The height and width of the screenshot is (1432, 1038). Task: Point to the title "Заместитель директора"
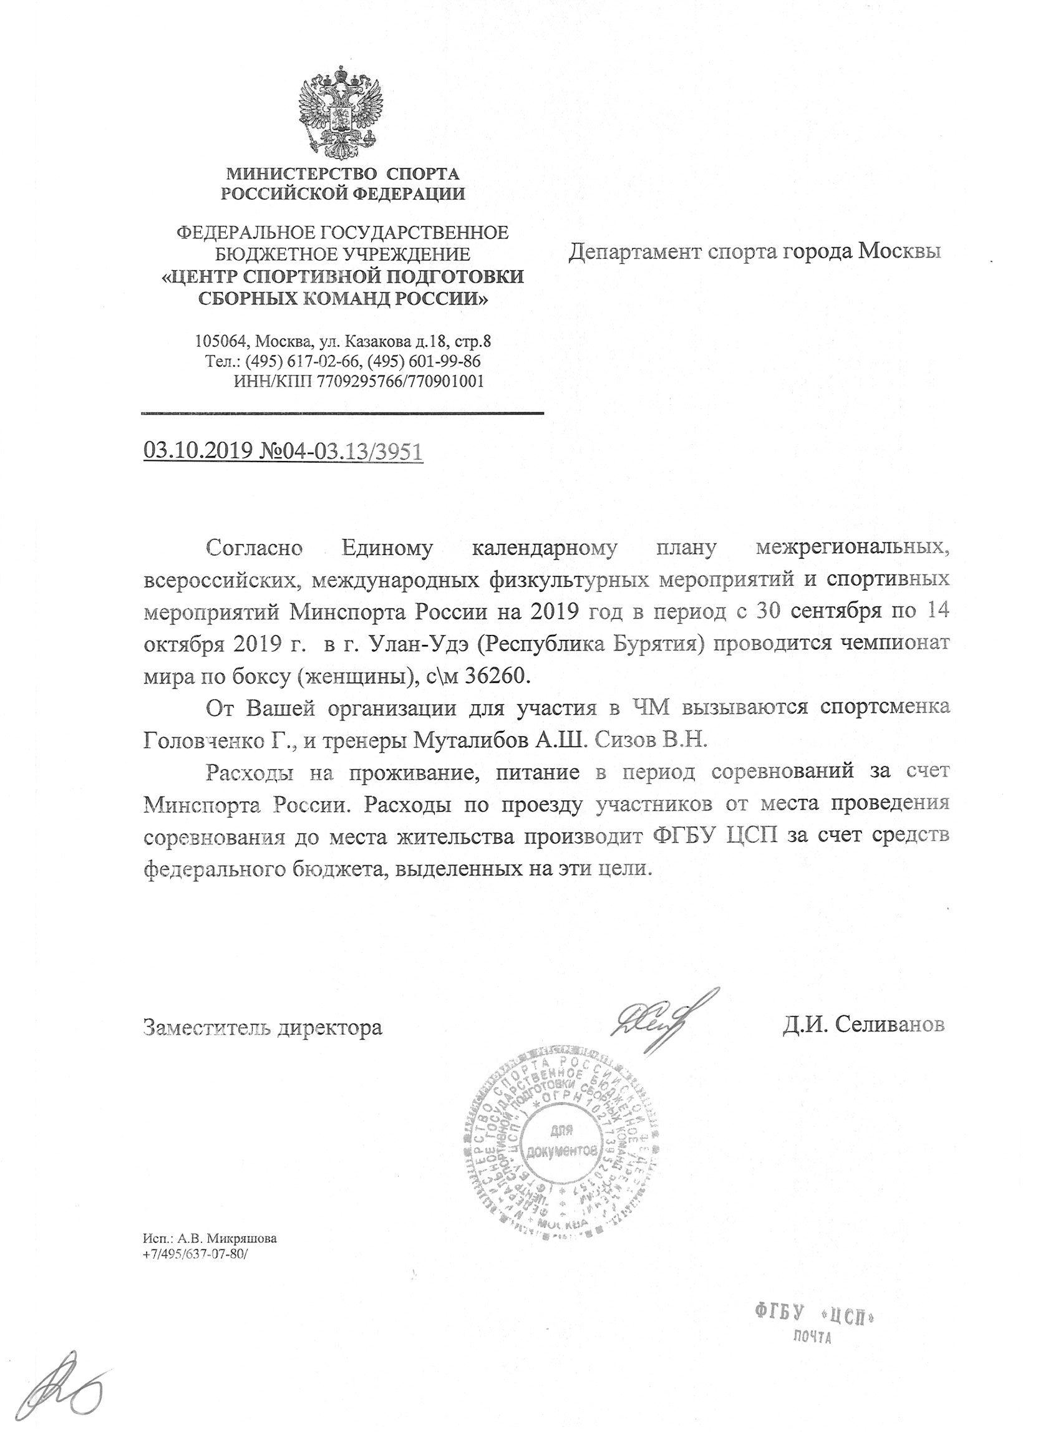263,1027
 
